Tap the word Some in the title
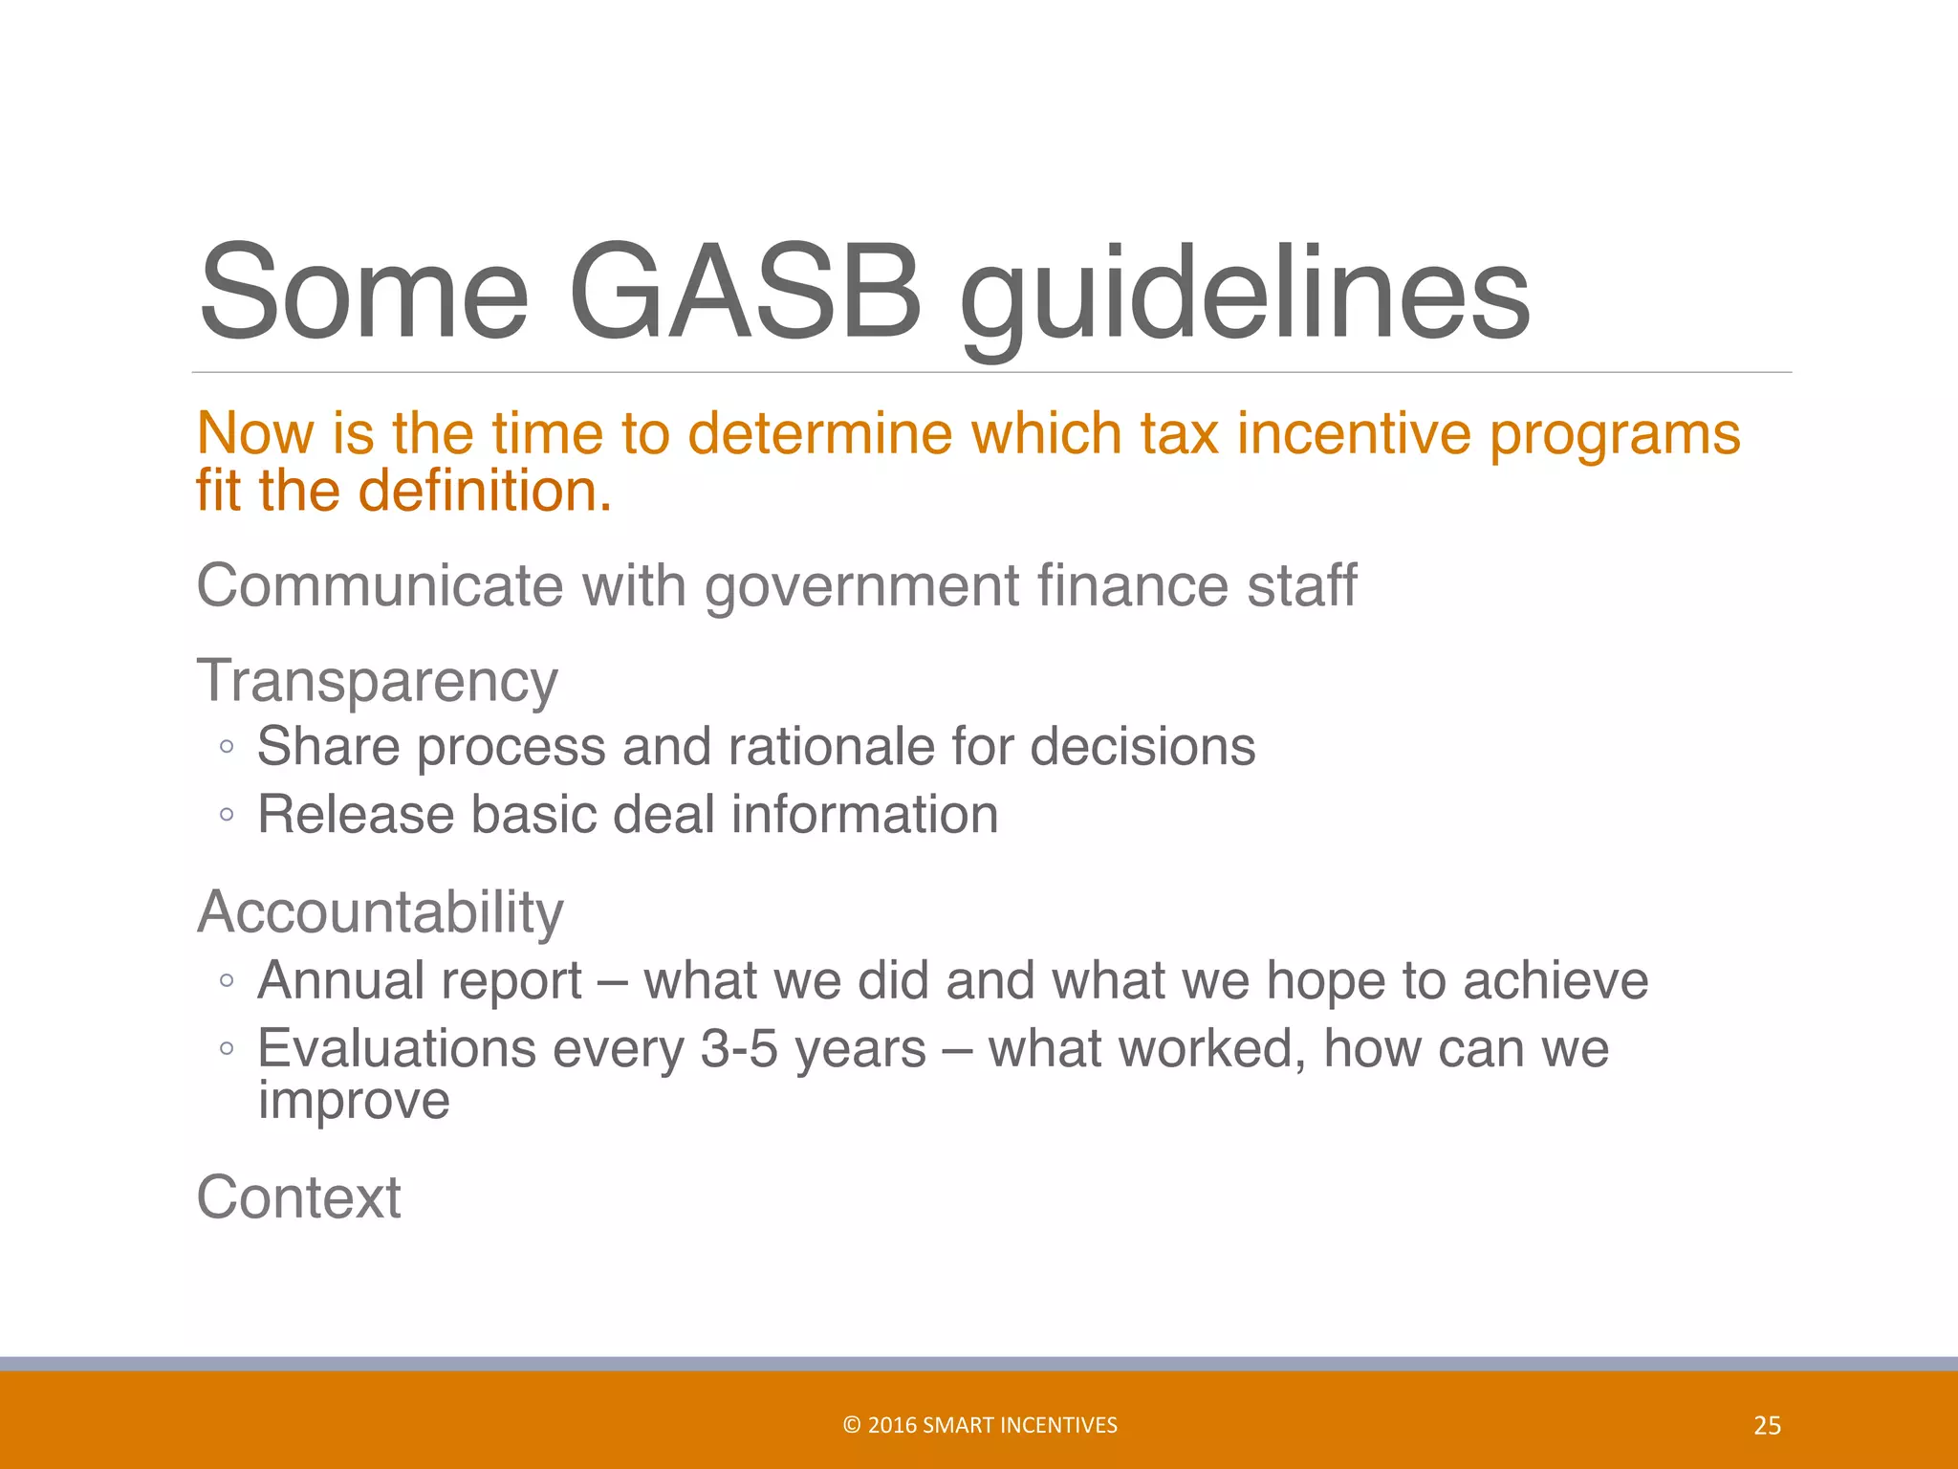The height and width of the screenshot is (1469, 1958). click(363, 292)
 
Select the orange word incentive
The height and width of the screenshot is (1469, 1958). click(1353, 433)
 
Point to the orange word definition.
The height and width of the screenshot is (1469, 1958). click(484, 491)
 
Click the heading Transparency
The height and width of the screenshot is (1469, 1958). click(377, 682)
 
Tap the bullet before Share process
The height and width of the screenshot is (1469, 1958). click(227, 747)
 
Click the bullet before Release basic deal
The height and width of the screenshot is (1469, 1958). click(227, 815)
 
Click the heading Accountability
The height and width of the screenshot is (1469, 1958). click(380, 911)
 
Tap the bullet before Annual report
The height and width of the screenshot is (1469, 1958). click(227, 980)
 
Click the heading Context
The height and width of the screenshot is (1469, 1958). click(298, 1196)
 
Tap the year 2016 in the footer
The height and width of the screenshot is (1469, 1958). click(892, 1425)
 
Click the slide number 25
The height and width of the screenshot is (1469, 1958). click(1767, 1426)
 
